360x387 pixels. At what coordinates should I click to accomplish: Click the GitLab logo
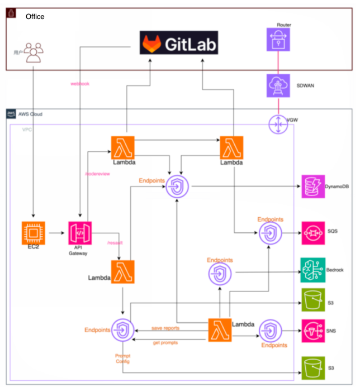pos(178,44)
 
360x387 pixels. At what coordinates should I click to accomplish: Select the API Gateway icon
pos(79,233)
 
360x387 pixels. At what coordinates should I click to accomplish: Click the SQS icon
pos(312,231)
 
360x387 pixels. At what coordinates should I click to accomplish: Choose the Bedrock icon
pos(312,270)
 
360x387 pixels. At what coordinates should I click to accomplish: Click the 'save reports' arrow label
pos(165,327)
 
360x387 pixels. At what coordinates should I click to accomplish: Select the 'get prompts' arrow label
pos(165,342)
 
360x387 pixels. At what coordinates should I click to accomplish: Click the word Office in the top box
pos(35,17)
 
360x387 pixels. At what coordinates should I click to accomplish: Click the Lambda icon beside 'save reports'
pos(220,330)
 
